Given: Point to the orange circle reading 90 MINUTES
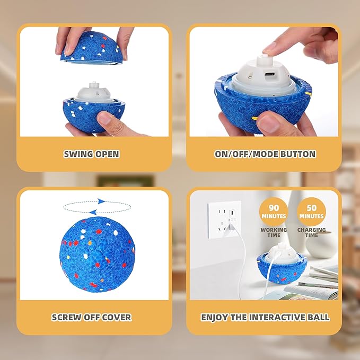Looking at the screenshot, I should [x=274, y=210].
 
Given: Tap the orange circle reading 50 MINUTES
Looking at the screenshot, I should [x=311, y=210].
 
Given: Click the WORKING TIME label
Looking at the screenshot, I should [x=274, y=232].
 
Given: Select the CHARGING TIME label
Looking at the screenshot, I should [x=311, y=232].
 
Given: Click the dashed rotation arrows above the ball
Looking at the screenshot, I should [x=96, y=206].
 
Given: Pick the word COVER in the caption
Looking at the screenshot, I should [x=115, y=318].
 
